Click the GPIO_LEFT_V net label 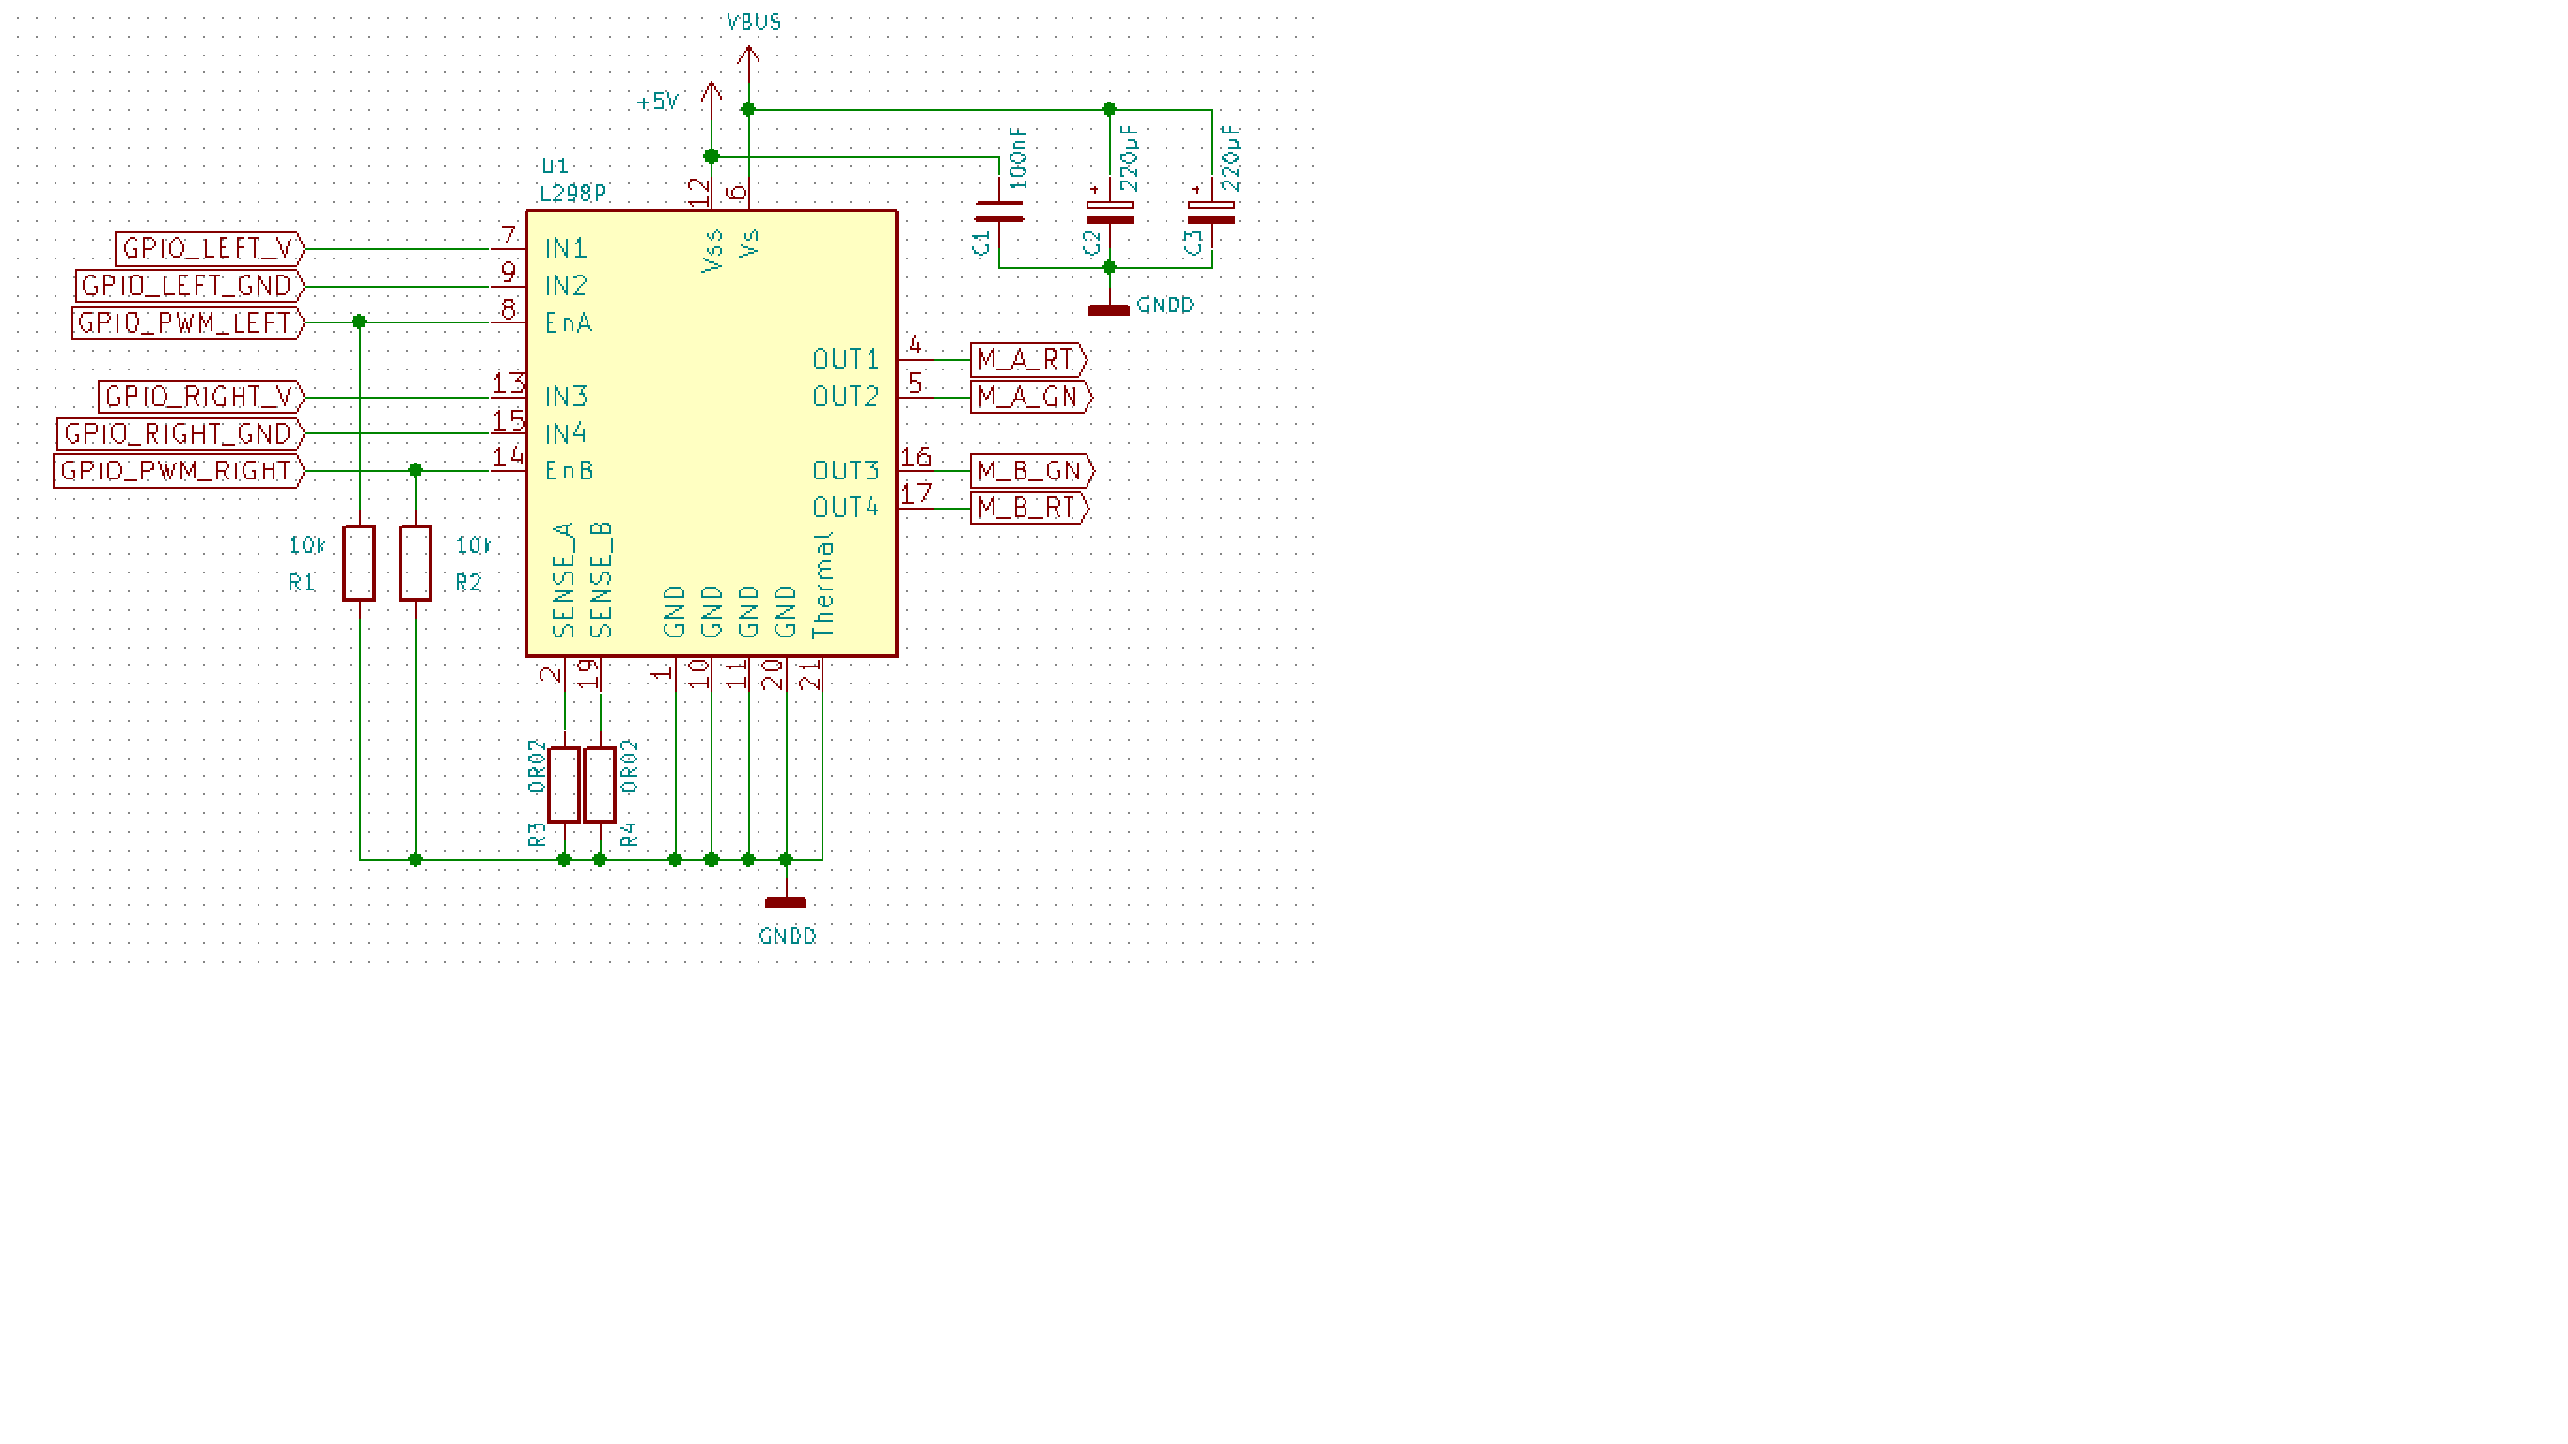coord(209,248)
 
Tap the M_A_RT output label coord(1026,359)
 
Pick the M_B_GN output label coord(1031,471)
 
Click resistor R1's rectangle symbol coord(359,563)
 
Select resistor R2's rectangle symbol coord(415,563)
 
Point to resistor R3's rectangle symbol coord(563,785)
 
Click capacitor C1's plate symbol coord(999,212)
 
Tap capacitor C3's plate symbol coord(1212,212)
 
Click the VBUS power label coord(754,22)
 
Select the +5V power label coord(658,102)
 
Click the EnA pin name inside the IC coord(569,323)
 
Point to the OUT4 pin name coord(845,508)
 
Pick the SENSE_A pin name coord(564,579)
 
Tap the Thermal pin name coord(823,585)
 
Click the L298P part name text coord(573,194)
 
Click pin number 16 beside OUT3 coord(916,458)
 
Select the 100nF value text coord(1019,158)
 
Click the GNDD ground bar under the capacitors coord(1108,310)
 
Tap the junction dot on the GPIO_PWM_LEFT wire coord(359,322)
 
